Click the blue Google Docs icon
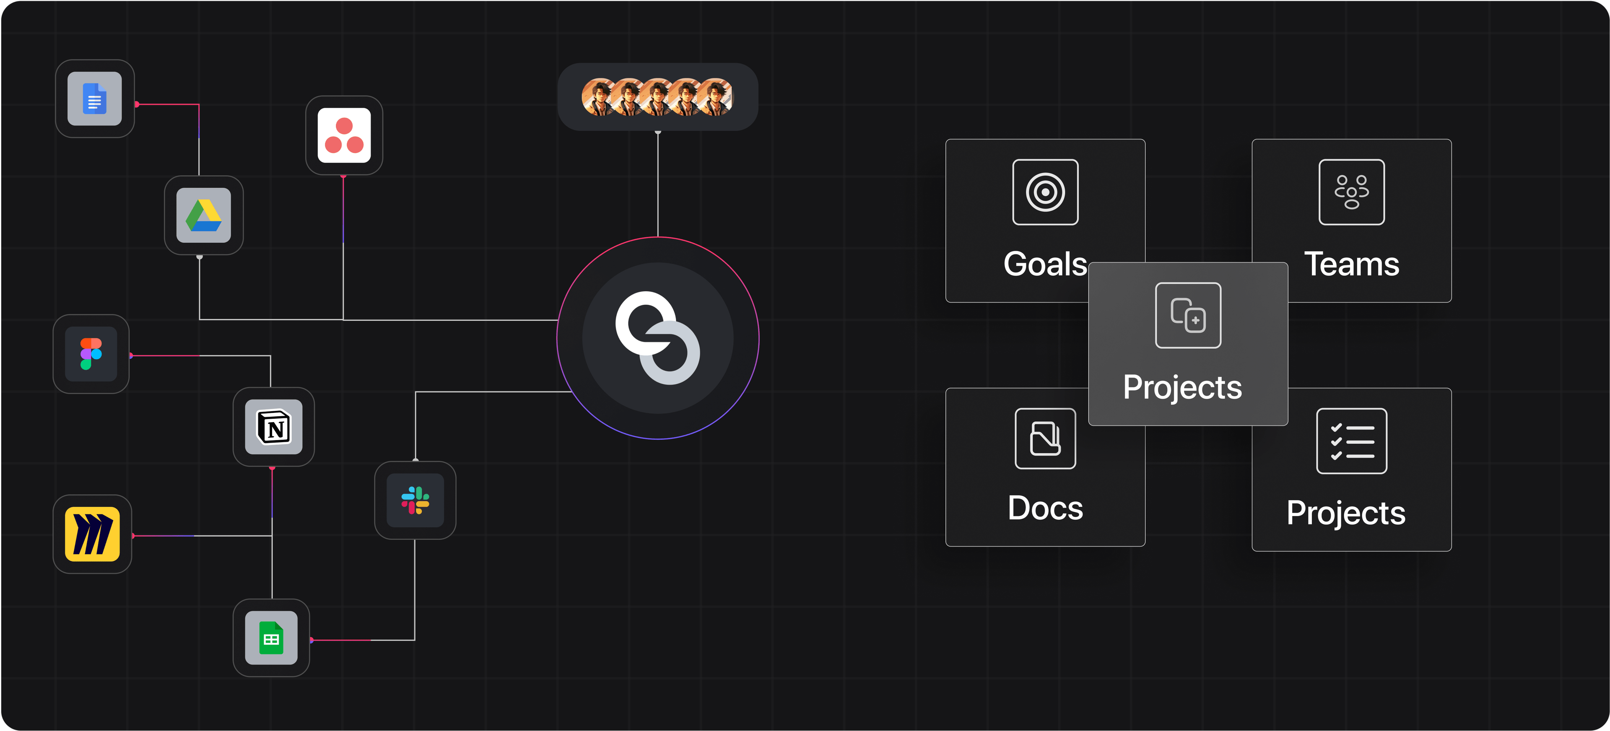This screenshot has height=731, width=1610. click(x=94, y=99)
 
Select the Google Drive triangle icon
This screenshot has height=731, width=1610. click(x=204, y=215)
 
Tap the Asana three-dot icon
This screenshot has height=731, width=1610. click(x=344, y=135)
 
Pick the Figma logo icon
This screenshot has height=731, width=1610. click(x=91, y=354)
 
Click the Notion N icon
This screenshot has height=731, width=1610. click(x=274, y=428)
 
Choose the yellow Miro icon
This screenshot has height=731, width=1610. click(x=93, y=534)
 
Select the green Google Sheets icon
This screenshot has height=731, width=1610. click(x=271, y=638)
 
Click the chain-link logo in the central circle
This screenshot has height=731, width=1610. click(x=657, y=338)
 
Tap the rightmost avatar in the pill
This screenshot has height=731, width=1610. click(x=716, y=97)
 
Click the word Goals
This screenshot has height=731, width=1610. click(x=1045, y=264)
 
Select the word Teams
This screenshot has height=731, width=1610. click(x=1351, y=264)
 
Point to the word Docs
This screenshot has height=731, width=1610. click(x=1045, y=508)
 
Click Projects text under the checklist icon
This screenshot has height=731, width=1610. click(x=1345, y=513)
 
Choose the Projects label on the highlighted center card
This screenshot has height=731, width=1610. click(x=1182, y=387)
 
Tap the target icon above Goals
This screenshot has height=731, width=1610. click(x=1045, y=192)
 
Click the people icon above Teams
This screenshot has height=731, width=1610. click(x=1351, y=192)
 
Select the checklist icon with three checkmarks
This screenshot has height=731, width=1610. click(x=1351, y=441)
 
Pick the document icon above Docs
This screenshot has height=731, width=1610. click(x=1045, y=438)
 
